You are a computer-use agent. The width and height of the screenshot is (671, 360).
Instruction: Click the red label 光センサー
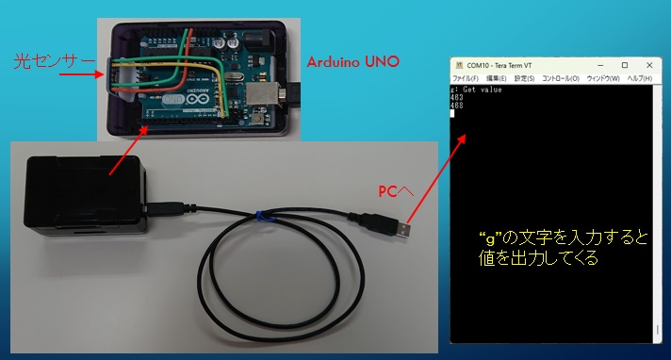[55, 61]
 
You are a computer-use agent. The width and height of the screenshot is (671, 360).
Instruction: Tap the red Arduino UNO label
[353, 62]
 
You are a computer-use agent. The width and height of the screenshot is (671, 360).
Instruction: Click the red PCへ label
[396, 191]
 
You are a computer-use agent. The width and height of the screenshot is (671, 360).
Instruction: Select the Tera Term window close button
[649, 65]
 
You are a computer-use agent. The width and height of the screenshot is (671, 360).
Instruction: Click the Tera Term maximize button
[625, 65]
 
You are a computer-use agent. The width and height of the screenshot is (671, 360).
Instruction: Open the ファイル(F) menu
[466, 79]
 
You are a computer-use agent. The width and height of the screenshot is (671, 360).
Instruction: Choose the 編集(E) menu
[497, 79]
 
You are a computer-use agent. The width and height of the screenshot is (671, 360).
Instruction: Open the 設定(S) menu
[524, 79]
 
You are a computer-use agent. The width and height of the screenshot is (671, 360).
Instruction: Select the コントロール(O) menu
[561, 79]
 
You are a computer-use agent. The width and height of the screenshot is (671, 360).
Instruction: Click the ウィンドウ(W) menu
[603, 79]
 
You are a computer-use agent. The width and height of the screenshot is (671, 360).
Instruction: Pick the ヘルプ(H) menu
[640, 79]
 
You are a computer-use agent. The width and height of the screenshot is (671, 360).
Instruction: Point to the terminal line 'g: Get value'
[476, 90]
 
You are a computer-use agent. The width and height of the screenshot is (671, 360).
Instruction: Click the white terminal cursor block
[452, 113]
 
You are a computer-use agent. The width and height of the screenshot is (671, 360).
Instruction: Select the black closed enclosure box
[85, 195]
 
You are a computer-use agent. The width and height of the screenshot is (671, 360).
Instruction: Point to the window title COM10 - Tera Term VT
[499, 65]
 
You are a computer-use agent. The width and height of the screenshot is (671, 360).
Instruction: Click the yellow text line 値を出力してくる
[537, 257]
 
